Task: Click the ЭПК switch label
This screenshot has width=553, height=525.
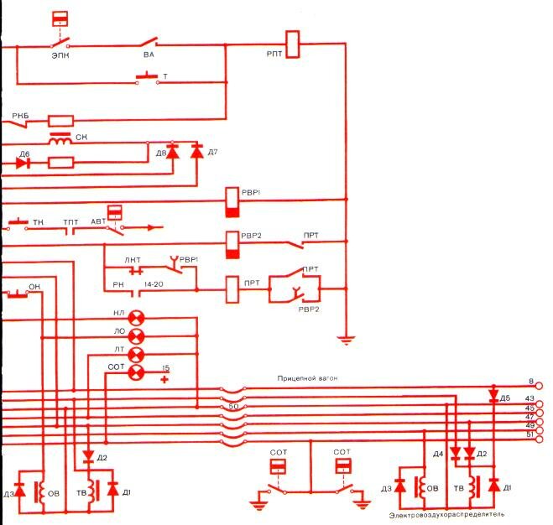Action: [x=60, y=56]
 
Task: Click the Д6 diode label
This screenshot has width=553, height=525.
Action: [x=23, y=154]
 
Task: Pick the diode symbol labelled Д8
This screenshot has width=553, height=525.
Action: [x=173, y=153]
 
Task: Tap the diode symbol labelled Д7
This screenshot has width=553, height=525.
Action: [x=197, y=153]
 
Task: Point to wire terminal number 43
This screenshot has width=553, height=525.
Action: [x=530, y=398]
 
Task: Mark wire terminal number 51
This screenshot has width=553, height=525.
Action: [x=530, y=434]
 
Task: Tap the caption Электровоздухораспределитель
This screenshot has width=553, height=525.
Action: [x=447, y=512]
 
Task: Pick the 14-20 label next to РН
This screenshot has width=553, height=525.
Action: [x=154, y=286]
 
